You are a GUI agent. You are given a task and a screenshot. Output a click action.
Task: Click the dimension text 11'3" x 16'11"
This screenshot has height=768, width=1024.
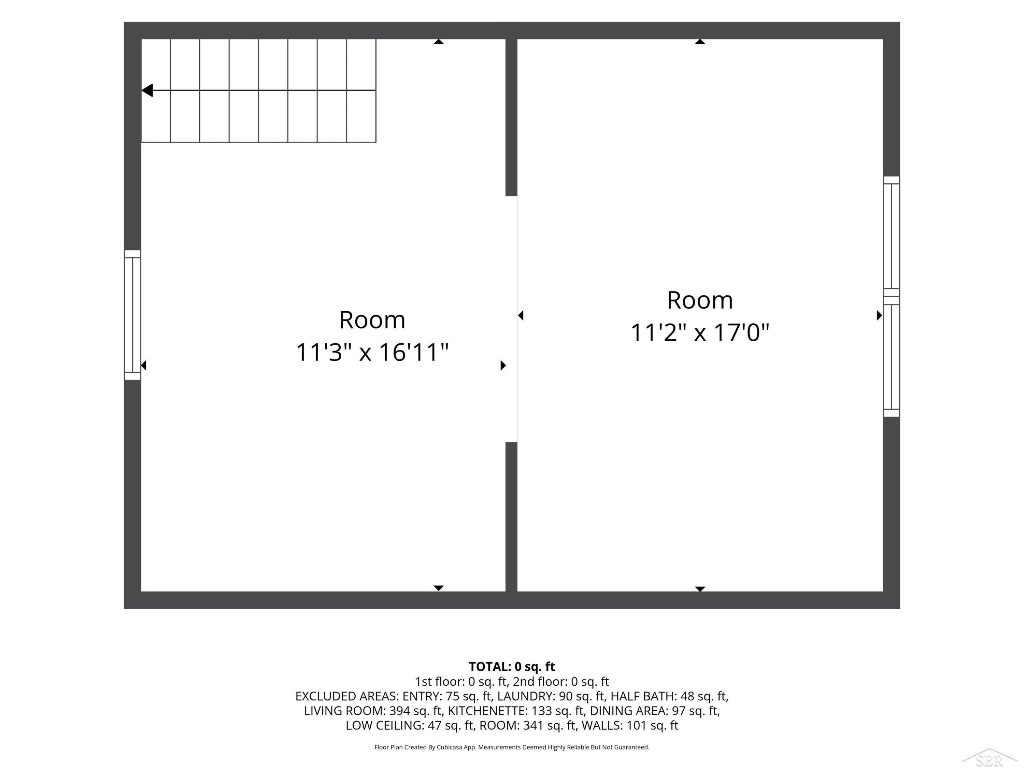pyautogui.click(x=372, y=352)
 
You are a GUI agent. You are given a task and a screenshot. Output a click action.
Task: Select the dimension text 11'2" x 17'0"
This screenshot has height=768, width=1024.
pyautogui.click(x=700, y=332)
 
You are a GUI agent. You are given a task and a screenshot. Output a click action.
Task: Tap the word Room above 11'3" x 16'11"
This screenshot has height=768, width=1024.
pyautogui.click(x=372, y=320)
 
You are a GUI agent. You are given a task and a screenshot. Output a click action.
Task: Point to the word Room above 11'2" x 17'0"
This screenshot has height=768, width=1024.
pyautogui.click(x=700, y=300)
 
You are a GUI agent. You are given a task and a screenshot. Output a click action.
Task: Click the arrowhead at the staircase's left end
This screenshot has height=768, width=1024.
pyautogui.click(x=147, y=90)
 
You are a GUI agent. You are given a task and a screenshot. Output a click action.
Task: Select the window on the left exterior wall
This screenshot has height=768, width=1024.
pyautogui.click(x=132, y=315)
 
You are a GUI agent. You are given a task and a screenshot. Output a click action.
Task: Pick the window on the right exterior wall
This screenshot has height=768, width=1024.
pyautogui.click(x=891, y=296)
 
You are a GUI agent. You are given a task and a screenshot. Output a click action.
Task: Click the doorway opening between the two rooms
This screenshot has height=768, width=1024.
pyautogui.click(x=511, y=319)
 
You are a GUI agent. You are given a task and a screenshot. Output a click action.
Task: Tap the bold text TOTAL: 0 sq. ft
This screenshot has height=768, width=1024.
pyautogui.click(x=512, y=666)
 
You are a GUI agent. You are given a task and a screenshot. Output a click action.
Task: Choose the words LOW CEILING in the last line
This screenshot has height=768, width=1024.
pyautogui.click(x=384, y=725)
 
